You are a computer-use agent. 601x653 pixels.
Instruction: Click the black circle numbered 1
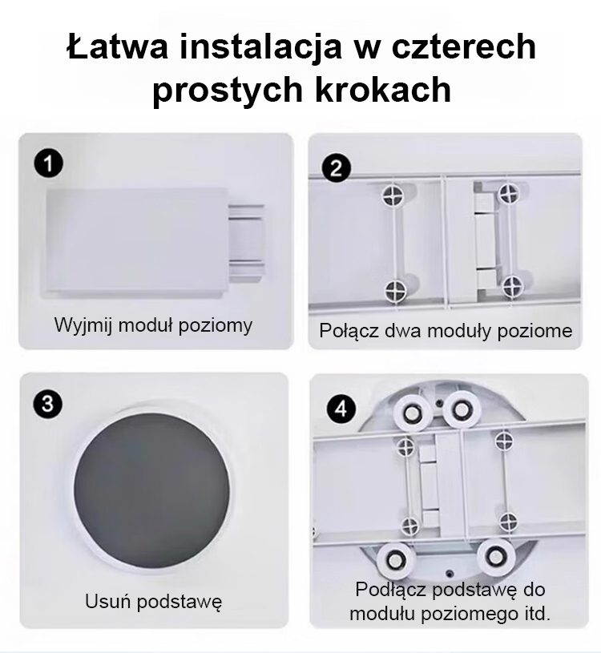pyautogui.click(x=48, y=163)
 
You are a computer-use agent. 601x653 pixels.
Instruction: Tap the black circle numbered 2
pyautogui.click(x=336, y=168)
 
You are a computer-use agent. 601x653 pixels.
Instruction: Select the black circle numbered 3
pyautogui.click(x=47, y=404)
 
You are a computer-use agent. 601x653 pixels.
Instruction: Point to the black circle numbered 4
pyautogui.click(x=341, y=409)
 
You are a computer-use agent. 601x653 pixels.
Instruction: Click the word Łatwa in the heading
pyautogui.click(x=118, y=46)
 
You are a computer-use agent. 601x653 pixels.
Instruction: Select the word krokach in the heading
pyautogui.click(x=383, y=89)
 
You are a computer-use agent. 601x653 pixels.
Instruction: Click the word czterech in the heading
pyautogui.click(x=463, y=46)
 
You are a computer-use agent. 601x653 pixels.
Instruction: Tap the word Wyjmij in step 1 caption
pyautogui.click(x=83, y=325)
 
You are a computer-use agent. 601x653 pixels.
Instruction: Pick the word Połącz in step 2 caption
pyautogui.click(x=349, y=331)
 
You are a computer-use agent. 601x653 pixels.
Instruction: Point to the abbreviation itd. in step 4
pyautogui.click(x=535, y=614)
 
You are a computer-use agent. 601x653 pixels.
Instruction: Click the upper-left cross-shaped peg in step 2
pyautogui.click(x=393, y=194)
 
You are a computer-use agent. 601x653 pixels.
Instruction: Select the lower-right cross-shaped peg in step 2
pyautogui.click(x=510, y=287)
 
